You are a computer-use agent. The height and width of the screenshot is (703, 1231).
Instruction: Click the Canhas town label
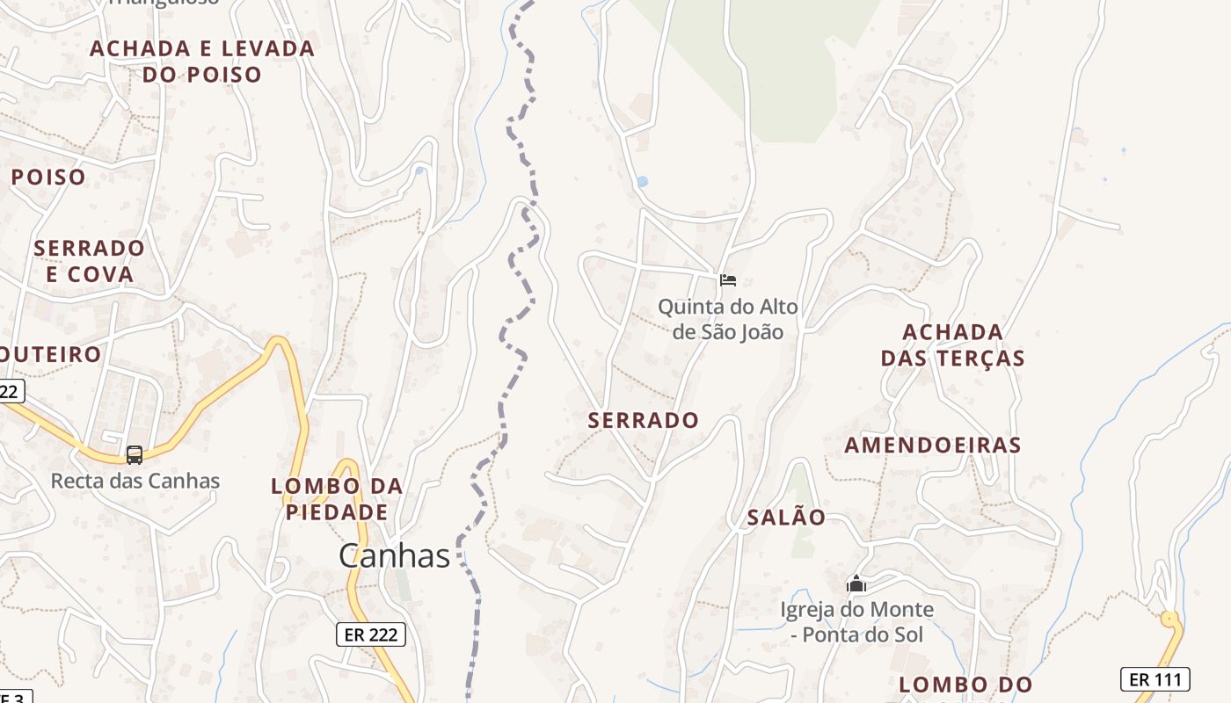[395, 555]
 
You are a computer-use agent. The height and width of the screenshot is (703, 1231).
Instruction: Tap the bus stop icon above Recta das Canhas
[135, 454]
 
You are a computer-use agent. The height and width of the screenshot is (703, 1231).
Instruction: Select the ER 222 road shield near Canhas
[371, 634]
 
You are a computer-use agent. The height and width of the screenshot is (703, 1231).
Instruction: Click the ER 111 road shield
[1155, 678]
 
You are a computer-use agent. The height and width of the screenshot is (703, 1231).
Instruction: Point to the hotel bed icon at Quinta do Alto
[728, 280]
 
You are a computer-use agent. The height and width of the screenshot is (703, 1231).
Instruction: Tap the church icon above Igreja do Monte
[856, 583]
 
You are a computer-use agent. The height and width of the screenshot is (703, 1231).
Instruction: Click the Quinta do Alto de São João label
[728, 319]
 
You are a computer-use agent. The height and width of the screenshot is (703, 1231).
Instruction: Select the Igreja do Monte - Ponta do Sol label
[856, 621]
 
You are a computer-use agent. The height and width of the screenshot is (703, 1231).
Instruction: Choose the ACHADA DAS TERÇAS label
[953, 345]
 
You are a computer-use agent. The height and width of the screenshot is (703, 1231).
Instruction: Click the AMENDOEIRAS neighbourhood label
[933, 445]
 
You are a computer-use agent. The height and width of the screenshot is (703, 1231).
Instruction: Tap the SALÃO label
[787, 518]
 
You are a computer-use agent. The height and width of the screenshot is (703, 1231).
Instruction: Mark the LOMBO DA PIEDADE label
[337, 499]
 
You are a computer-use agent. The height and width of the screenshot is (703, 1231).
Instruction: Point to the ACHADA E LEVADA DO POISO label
[202, 62]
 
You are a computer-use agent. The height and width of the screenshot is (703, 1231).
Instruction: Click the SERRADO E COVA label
[89, 261]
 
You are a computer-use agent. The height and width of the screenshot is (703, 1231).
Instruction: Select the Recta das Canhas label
[135, 481]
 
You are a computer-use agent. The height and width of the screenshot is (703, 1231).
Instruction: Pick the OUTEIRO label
[51, 354]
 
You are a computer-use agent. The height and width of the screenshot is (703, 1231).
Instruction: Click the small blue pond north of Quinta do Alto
[642, 182]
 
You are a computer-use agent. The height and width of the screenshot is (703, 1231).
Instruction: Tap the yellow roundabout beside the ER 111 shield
[1169, 620]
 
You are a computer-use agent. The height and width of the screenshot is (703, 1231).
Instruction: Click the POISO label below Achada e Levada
[48, 177]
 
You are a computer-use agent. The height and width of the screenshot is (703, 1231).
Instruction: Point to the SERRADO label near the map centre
[644, 420]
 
